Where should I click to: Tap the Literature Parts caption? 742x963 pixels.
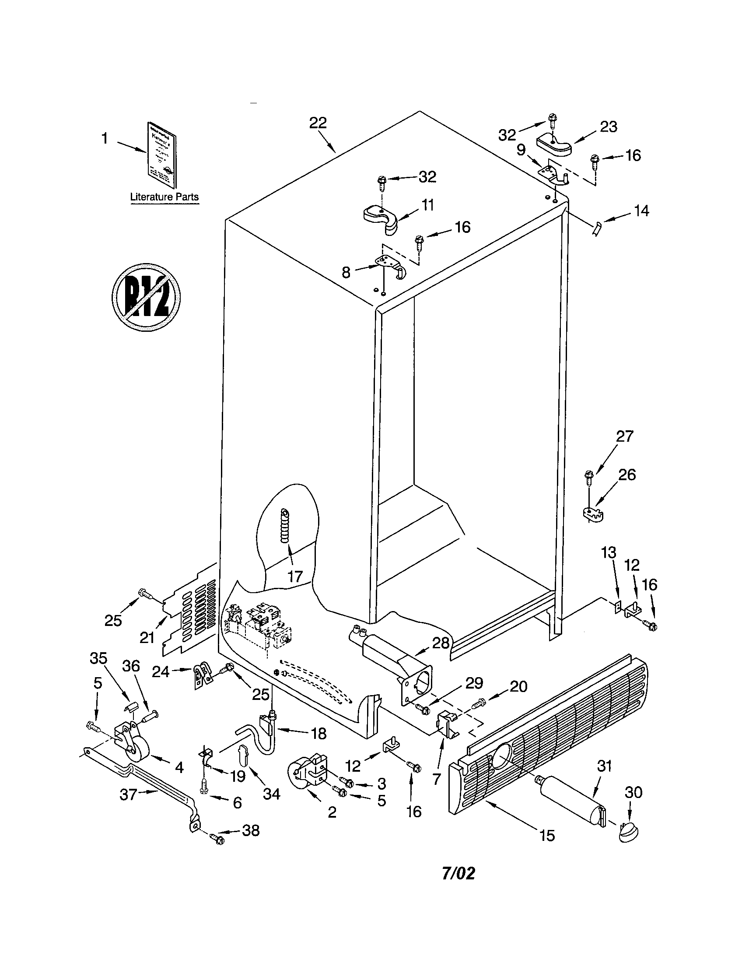click(164, 197)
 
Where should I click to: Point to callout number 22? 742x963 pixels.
click(318, 123)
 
